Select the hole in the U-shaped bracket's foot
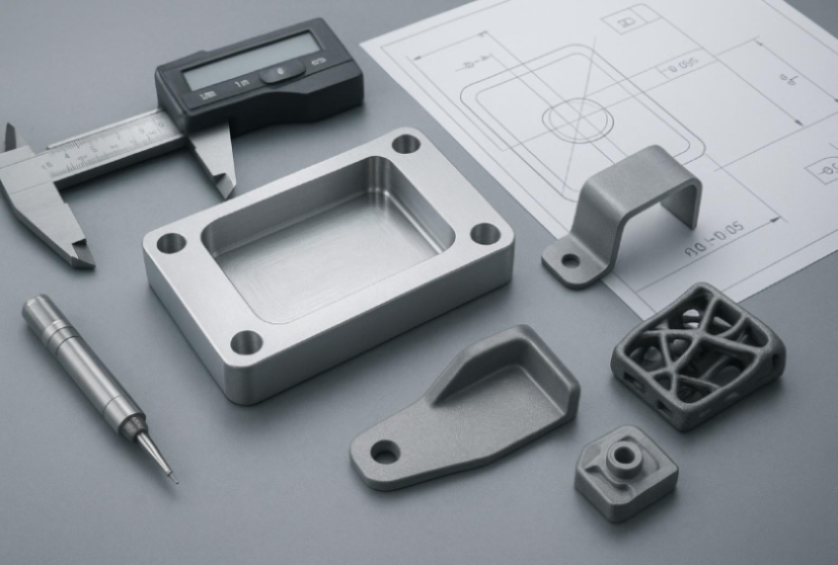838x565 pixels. click(570, 260)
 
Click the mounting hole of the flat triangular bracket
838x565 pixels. click(385, 452)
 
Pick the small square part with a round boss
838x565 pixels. click(626, 471)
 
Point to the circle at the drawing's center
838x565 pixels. click(577, 120)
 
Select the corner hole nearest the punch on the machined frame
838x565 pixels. click(246, 342)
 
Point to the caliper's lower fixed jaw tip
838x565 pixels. click(82, 258)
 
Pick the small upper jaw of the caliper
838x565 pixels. click(10, 136)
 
